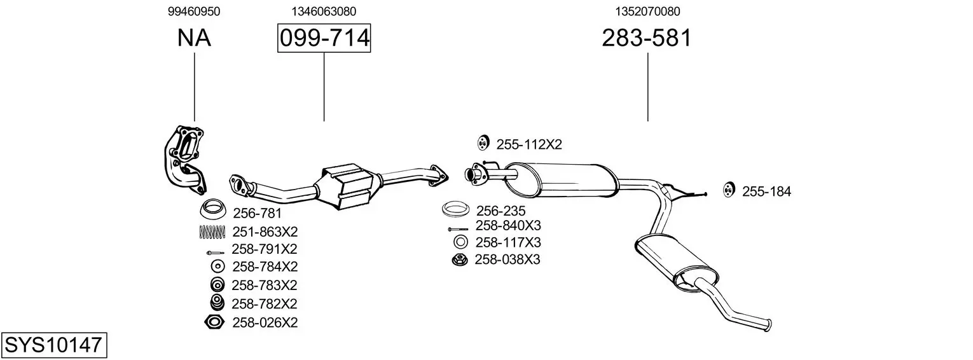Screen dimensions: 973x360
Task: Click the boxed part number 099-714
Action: tap(324, 38)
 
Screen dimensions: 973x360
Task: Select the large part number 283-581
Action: tap(646, 38)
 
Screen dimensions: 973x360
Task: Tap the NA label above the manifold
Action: tap(194, 38)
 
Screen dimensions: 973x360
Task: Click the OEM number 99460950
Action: tap(194, 11)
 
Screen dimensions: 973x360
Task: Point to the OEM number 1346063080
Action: tap(324, 11)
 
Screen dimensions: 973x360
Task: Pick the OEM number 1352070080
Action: tap(647, 11)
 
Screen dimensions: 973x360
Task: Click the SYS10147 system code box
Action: tap(54, 345)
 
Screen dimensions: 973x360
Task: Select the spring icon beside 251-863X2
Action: tap(212, 232)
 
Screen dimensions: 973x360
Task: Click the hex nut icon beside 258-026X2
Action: tap(214, 322)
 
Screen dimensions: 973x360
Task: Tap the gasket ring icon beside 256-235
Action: tap(455, 209)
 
